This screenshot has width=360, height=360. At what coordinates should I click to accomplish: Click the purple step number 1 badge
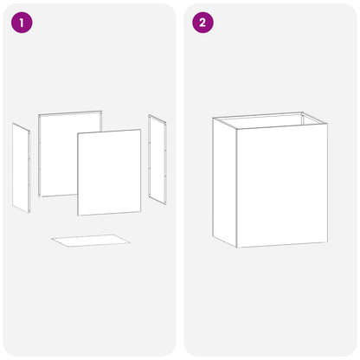(x=22, y=22)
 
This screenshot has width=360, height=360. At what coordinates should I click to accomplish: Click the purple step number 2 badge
(x=203, y=22)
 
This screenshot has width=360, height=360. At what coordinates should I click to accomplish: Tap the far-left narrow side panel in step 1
(x=21, y=168)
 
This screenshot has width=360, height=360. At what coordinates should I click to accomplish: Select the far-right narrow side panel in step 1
(x=157, y=159)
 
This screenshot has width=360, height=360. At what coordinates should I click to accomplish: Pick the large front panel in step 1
(x=109, y=172)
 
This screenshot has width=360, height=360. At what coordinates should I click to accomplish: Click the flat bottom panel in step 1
(x=91, y=241)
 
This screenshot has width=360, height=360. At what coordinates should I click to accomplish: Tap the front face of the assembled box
(x=282, y=185)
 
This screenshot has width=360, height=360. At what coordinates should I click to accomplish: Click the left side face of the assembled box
(x=225, y=183)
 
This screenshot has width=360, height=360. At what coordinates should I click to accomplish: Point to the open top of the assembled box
(x=270, y=120)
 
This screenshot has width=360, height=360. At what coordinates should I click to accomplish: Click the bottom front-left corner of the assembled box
(x=236, y=247)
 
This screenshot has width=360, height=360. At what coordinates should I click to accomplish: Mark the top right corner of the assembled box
(x=327, y=124)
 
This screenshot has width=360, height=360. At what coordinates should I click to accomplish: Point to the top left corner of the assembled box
(x=213, y=118)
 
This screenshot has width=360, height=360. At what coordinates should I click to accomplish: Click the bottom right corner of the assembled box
(x=328, y=242)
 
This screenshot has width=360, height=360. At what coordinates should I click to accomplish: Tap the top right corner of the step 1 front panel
(x=141, y=130)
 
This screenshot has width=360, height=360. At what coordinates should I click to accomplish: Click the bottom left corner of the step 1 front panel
(x=78, y=215)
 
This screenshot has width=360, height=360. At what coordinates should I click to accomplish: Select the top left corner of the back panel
(x=38, y=114)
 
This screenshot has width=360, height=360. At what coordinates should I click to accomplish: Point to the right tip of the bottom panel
(x=130, y=242)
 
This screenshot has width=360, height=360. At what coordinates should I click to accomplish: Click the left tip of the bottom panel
(x=51, y=239)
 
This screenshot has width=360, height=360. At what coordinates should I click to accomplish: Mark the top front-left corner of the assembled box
(x=236, y=129)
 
